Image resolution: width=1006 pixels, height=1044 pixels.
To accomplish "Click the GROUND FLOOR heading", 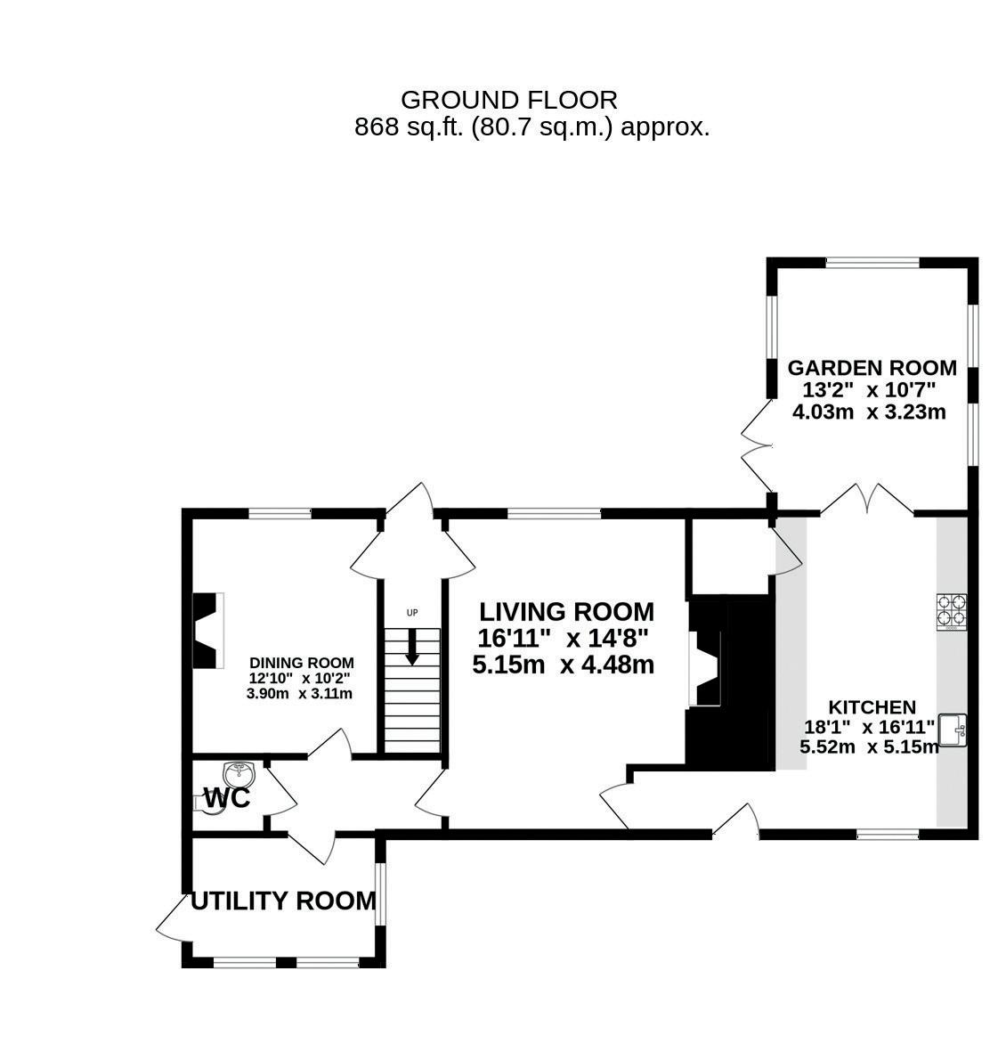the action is (508, 100).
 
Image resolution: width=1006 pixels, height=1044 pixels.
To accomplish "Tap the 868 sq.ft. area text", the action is (531, 127).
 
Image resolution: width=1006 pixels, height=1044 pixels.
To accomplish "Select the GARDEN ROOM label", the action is (872, 368).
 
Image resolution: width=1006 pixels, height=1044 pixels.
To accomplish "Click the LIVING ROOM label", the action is (566, 612).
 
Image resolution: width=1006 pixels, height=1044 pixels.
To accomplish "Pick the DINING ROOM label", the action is (301, 663).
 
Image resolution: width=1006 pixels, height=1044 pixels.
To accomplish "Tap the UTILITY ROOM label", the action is (284, 901).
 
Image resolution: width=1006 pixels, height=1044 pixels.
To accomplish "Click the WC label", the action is (227, 799).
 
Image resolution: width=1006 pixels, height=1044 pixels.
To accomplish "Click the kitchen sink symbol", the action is (953, 729).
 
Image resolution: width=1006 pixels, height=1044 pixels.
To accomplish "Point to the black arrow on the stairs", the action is (411, 647).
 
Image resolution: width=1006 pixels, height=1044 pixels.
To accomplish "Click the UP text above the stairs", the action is (411, 613).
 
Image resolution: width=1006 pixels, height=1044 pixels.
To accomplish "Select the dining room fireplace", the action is (207, 631).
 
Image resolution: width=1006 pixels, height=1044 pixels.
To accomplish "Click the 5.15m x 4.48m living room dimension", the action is (564, 665).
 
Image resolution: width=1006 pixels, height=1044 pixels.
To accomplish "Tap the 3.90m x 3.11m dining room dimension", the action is (299, 693).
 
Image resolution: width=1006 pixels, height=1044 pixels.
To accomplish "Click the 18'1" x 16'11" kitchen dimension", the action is (869, 727).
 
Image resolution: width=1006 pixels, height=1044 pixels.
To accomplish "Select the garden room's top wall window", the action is (872, 263).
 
